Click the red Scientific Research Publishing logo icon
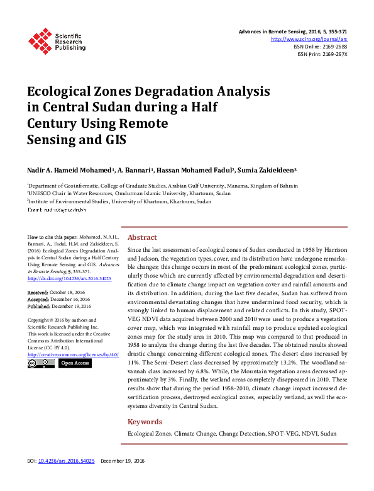(40, 40)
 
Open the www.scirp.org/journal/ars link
(309, 39)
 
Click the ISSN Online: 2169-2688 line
(320, 47)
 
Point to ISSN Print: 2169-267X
(322, 54)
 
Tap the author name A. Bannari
(136, 170)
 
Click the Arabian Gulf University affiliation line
(162, 186)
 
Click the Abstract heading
(142, 238)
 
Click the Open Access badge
(75, 363)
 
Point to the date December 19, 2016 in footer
(123, 461)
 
